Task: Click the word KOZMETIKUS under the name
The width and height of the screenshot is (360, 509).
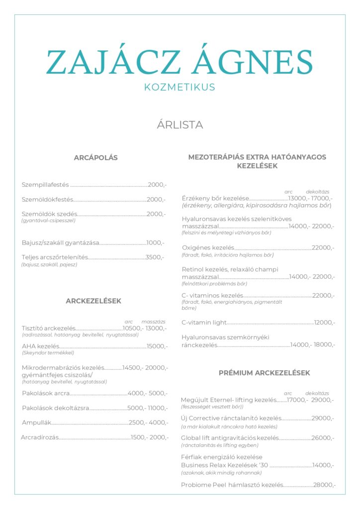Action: pos(180,87)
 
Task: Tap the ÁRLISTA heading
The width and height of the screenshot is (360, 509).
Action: pos(180,125)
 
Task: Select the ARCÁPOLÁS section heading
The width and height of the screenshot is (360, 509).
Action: pos(95,158)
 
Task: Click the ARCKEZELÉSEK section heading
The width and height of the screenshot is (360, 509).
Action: pos(93,301)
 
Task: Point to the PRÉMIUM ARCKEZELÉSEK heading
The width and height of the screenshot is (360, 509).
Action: pos(264,373)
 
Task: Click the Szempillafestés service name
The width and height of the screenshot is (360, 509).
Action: pos(45,185)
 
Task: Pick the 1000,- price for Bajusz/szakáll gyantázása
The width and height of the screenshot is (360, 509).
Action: pos(155,243)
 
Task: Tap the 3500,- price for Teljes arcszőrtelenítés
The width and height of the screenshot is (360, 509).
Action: pos(155,257)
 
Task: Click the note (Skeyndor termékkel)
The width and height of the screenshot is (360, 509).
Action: pos(48,353)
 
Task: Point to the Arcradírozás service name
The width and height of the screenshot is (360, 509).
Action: pos(40,437)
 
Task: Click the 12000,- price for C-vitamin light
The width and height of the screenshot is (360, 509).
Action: pos(324,323)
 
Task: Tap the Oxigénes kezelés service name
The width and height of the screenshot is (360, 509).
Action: pos(208,248)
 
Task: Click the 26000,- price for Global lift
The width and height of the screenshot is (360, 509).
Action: pos(323,438)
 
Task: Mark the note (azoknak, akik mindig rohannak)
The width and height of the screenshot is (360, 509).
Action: pos(221,472)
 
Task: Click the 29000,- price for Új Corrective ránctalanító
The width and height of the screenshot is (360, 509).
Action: pos(323,419)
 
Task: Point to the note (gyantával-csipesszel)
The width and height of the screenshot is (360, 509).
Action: pos(48,220)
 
